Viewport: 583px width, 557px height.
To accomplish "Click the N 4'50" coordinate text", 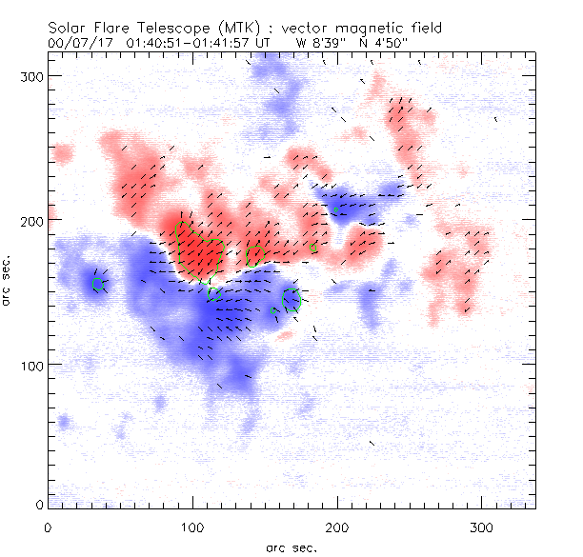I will point(381,44).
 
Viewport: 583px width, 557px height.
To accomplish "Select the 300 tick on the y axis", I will point(32,75).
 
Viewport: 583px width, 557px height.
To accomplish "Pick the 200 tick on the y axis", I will point(32,220).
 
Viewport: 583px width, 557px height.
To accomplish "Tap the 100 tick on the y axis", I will point(32,365).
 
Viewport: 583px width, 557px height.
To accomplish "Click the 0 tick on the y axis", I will point(39,503).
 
